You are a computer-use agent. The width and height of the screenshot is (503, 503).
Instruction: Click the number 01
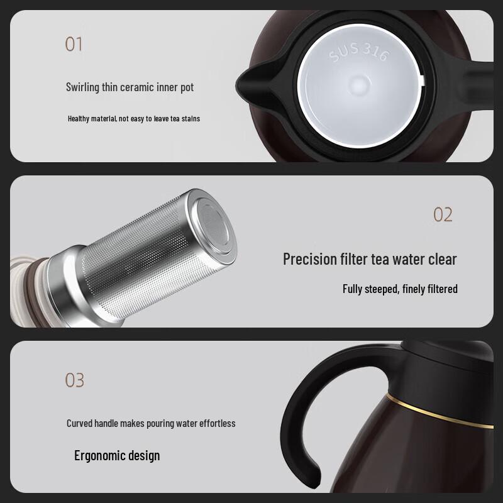(x=74, y=44)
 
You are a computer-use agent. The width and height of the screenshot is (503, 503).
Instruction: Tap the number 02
(x=443, y=214)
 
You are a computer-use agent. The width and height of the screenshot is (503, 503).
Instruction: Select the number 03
(x=74, y=380)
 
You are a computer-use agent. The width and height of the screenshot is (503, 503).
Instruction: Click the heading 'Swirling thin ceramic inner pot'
(x=130, y=87)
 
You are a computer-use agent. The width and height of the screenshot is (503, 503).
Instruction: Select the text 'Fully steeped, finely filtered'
(x=400, y=289)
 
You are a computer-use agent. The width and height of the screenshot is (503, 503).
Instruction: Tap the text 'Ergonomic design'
(x=117, y=455)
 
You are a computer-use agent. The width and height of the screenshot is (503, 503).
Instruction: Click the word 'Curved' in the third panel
(x=80, y=423)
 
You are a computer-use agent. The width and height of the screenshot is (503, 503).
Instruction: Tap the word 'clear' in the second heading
(x=440, y=258)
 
